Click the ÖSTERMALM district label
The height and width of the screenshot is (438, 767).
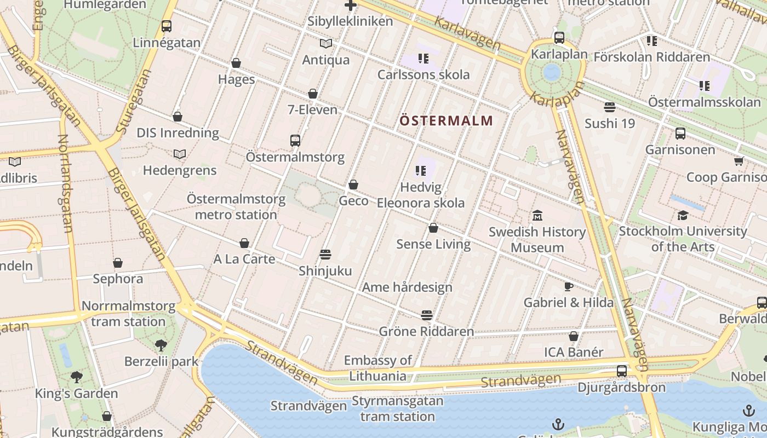tap(447, 120)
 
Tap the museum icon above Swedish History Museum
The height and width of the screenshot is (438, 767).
tap(537, 215)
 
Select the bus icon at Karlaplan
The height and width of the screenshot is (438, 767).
tap(559, 38)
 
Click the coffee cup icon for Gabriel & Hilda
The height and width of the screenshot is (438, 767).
tap(569, 286)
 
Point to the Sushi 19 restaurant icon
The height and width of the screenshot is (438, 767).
tap(610, 107)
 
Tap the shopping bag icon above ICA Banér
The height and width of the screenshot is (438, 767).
tap(574, 336)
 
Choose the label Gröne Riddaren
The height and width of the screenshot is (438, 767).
tap(426, 331)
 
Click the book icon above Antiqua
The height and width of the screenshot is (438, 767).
tap(326, 43)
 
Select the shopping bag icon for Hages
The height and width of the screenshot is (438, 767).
tap(236, 63)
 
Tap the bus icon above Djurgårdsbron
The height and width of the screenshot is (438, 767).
tap(621, 371)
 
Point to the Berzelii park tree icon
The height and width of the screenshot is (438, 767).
tap(161, 345)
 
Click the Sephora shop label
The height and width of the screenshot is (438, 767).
tap(118, 279)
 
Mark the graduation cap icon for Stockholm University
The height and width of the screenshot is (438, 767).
tap(683, 215)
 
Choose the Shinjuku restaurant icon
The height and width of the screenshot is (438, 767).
tap(325, 255)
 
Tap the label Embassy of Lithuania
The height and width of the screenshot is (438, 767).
tap(378, 368)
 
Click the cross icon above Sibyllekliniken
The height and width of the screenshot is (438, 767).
tap(351, 5)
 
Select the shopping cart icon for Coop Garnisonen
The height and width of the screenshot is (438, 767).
tap(739, 161)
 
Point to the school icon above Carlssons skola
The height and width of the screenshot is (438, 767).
tap(423, 58)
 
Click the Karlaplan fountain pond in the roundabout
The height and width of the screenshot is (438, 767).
tap(552, 72)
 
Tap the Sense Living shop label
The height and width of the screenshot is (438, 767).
tap(433, 244)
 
